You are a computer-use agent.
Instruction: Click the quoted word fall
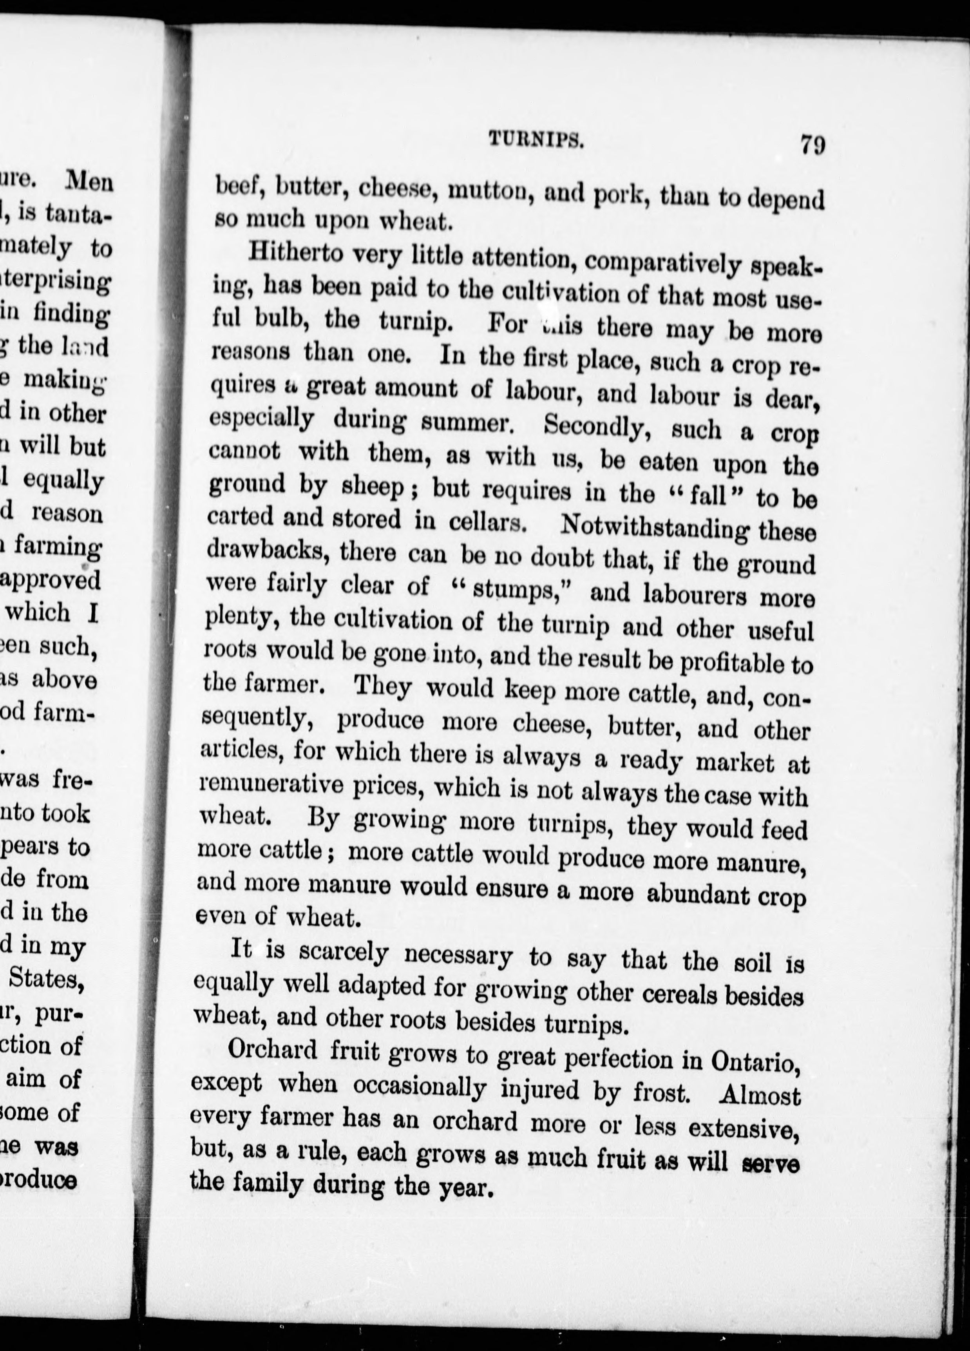[707, 495]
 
